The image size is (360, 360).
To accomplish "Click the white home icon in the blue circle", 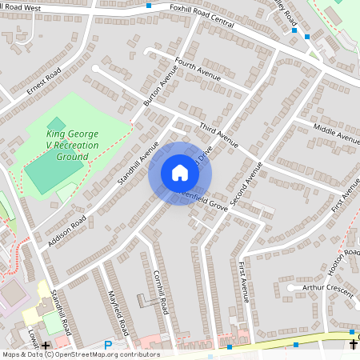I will (x=180, y=173).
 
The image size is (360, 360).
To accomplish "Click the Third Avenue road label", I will (x=218, y=134).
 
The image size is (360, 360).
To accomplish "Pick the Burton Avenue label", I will (x=158, y=89).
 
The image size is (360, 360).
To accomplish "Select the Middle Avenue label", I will (x=336, y=134).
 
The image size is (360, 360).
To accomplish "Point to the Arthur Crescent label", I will (x=326, y=290).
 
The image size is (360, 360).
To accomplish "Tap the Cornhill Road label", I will (x=161, y=291).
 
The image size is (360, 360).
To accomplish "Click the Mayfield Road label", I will (x=118, y=313).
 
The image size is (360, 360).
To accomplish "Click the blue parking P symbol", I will (x=108, y=345).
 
